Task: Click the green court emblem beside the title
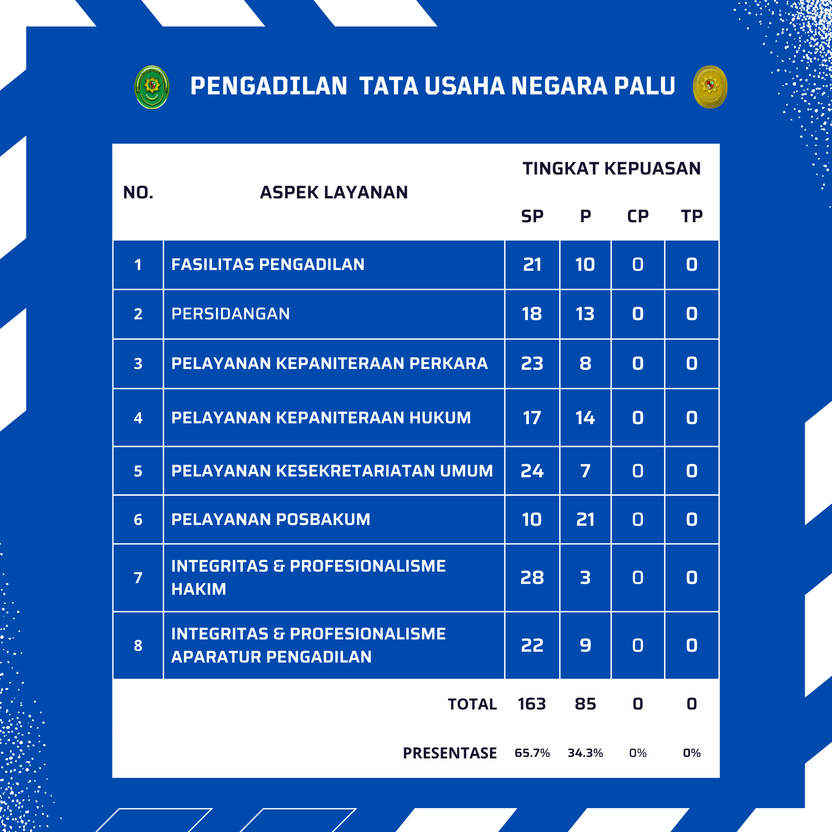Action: click(152, 87)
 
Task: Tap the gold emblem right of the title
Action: click(710, 87)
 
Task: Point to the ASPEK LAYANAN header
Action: click(334, 193)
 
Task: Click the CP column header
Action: click(638, 216)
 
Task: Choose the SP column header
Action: click(532, 216)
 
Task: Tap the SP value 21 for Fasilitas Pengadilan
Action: click(532, 264)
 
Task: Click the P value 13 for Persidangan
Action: click(585, 314)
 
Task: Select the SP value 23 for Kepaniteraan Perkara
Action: click(532, 364)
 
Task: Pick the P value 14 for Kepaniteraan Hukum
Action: click(585, 418)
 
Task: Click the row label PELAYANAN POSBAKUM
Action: click(270, 519)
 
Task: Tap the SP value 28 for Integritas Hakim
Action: click(532, 577)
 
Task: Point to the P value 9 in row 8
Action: click(585, 645)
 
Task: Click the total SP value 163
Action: click(532, 704)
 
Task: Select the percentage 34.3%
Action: click(585, 753)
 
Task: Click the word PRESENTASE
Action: click(450, 753)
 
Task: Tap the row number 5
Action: click(138, 471)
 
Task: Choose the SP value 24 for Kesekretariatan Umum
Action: click(532, 471)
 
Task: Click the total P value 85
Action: click(585, 704)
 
